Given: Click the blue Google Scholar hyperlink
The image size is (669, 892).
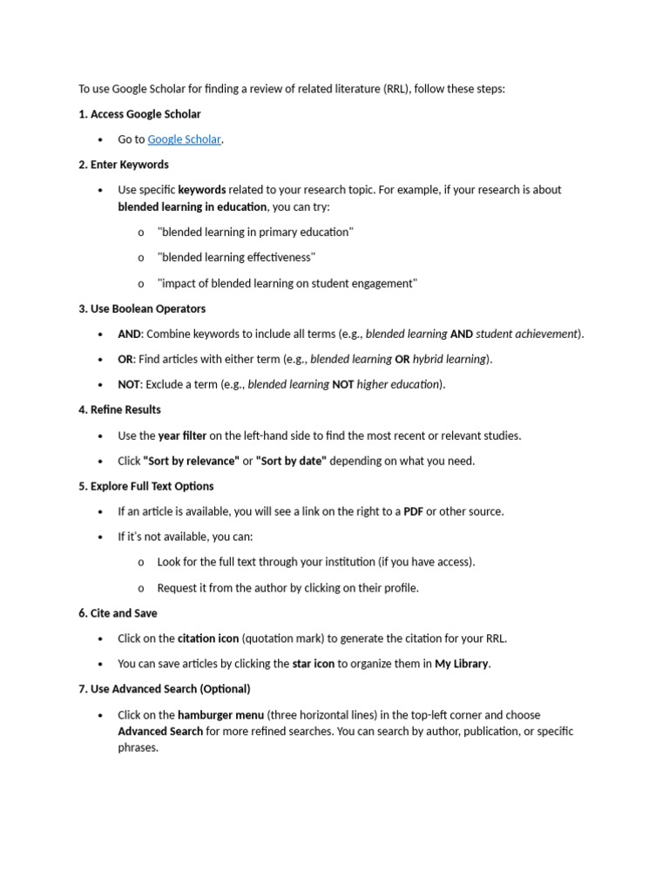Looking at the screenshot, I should (x=184, y=139).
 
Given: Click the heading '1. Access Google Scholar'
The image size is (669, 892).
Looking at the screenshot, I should (x=139, y=114).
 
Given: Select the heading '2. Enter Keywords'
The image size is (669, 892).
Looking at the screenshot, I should (x=124, y=165).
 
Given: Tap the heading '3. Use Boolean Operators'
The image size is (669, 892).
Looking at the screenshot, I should (x=142, y=309).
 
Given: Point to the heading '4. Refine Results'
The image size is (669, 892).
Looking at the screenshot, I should (x=119, y=409).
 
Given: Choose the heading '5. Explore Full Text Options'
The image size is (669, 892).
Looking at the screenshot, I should (x=146, y=486).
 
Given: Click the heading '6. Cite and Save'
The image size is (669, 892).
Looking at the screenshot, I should (x=118, y=613).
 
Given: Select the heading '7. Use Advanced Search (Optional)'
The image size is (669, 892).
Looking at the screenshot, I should (x=164, y=689).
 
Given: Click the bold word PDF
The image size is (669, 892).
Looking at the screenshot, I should (x=413, y=511).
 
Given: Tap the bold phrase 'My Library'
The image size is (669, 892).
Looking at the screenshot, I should (x=462, y=664).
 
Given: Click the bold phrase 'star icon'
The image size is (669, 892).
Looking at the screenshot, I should (x=314, y=664).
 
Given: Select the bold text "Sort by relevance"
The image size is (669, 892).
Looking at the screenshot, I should (x=191, y=461).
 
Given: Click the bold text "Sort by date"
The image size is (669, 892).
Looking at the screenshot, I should (x=291, y=461).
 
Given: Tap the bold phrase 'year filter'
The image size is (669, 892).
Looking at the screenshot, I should (x=182, y=436).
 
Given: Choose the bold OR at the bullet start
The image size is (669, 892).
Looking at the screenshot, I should (x=125, y=359).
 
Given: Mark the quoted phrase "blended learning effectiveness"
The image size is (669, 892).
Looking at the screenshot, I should (x=236, y=258).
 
